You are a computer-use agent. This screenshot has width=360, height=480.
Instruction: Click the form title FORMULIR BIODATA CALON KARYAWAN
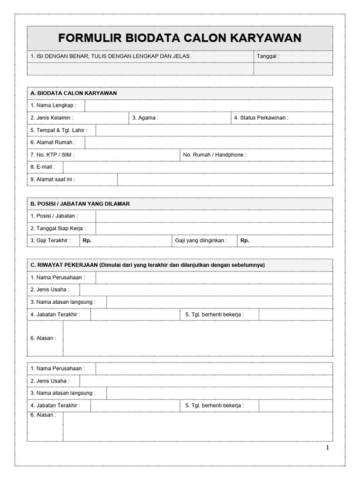tap(180, 38)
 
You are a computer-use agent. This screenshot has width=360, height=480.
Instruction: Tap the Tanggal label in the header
tap(268, 56)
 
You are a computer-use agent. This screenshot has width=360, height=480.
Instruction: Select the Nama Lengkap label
tap(53, 105)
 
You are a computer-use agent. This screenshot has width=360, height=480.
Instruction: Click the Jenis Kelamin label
tap(52, 118)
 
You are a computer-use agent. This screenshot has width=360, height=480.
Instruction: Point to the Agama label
tap(145, 118)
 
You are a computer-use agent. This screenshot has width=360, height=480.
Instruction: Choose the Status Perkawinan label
tap(261, 118)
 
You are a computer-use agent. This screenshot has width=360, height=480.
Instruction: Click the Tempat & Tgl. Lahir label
tap(59, 130)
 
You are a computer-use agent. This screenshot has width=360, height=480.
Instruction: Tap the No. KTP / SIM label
tap(52, 154)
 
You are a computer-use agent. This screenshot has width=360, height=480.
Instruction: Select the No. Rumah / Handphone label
tap(215, 154)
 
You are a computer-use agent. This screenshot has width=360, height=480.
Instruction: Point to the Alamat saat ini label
tap(52, 179)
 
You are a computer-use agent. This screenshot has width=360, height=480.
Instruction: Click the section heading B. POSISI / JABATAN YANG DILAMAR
tap(80, 204)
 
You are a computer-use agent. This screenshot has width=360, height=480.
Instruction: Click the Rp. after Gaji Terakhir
tap(87, 240)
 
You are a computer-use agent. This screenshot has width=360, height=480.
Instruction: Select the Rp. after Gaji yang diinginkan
tap(245, 240)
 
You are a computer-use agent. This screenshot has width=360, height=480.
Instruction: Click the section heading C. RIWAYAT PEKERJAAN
tap(64, 265)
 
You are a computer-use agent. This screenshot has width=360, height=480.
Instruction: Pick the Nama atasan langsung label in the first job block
tap(63, 302)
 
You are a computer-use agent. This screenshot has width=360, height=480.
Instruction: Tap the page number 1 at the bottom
tap(328, 448)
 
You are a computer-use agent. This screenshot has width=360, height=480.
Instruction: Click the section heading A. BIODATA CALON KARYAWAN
tap(74, 93)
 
